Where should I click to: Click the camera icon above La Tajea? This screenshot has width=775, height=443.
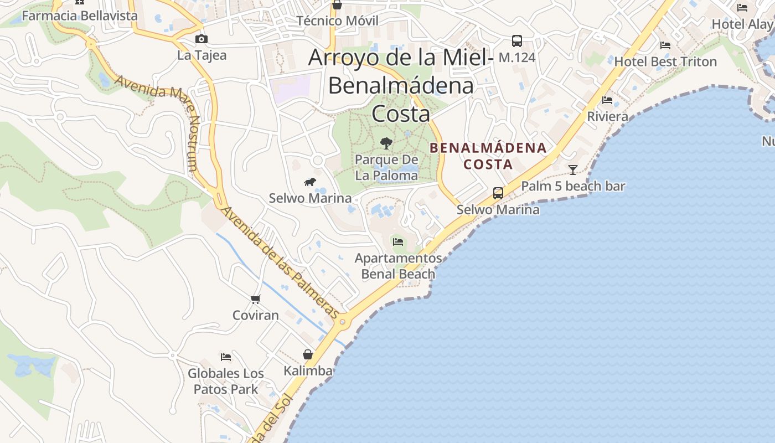pos(201,39)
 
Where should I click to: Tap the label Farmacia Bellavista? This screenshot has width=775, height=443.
pos(79,16)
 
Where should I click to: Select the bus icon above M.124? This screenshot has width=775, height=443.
pos(516,40)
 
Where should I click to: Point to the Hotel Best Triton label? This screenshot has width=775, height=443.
pos(665,61)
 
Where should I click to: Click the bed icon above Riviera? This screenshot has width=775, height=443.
pos(607,100)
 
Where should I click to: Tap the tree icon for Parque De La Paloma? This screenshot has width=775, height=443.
pos(386,143)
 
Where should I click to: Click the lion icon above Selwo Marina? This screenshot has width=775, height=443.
pos(310,182)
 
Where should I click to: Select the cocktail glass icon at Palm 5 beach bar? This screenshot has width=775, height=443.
pos(573,169)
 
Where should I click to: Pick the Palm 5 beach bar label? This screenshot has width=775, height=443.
pos(573,186)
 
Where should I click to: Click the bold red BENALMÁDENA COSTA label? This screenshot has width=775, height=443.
pos(488,156)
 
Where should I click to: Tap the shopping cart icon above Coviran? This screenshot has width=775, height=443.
pos(255,299)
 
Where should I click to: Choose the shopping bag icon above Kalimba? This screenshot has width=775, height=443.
pos(308,354)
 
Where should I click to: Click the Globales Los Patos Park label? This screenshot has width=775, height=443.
pos(226,381)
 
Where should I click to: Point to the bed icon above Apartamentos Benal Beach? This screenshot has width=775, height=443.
pos(398,241)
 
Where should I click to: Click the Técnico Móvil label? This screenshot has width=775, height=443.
pos(337,21)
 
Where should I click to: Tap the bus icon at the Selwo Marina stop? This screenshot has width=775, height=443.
pos(498,193)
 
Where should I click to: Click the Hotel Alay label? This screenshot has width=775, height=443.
pos(742,24)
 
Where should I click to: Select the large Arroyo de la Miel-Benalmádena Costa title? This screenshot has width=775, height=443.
pos(401,85)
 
